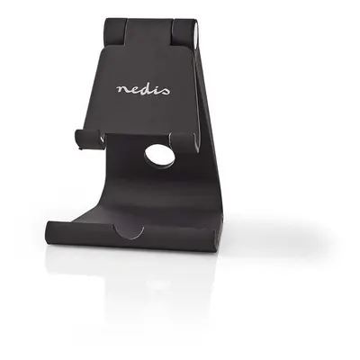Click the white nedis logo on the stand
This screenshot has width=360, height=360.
point(143,89)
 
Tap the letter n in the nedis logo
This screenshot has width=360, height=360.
point(122,90)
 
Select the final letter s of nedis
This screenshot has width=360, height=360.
point(165,91)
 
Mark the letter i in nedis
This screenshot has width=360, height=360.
point(156,89)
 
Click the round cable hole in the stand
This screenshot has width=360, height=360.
point(159,157)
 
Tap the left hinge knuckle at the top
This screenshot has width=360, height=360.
point(115,31)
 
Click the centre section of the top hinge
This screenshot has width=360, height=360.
point(149,32)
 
